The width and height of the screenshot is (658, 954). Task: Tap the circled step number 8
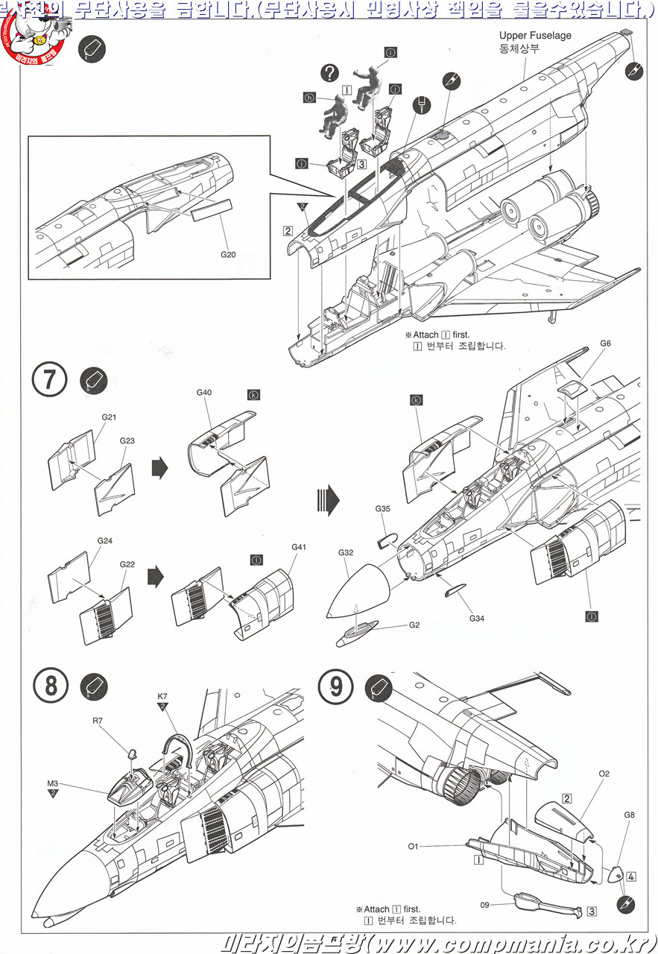click(x=51, y=685)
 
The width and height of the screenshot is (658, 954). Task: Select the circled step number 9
click(x=336, y=685)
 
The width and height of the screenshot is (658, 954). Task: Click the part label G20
click(x=228, y=254)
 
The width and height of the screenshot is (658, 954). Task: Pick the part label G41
click(x=299, y=548)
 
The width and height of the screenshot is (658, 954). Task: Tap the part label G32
click(x=346, y=553)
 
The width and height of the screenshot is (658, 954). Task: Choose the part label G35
click(x=382, y=509)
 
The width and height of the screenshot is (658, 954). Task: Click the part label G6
click(x=605, y=344)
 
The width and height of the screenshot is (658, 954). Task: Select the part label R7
click(x=98, y=721)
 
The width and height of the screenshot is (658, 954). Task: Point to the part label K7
click(x=162, y=696)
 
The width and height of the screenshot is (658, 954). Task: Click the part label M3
click(x=52, y=783)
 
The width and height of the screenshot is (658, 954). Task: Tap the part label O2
click(x=604, y=774)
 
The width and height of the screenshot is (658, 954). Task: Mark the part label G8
click(x=630, y=815)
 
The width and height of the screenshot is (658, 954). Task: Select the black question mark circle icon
click(x=329, y=72)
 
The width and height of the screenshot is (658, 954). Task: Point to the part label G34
click(x=477, y=618)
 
